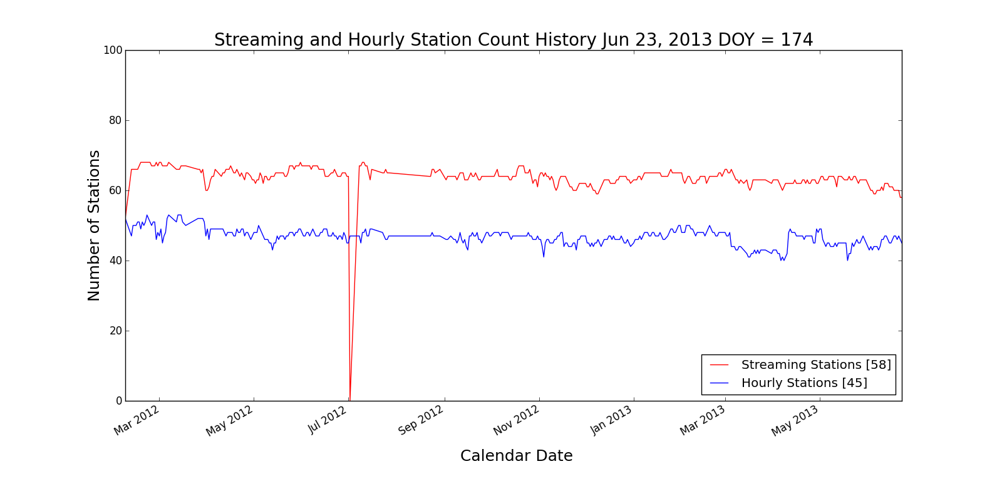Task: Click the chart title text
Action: pos(514,39)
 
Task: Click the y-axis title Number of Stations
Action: pos(94,225)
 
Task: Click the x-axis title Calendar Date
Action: pos(516,456)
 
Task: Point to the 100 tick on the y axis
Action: pos(113,50)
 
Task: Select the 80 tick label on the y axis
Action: pos(115,120)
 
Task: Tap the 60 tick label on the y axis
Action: pos(115,190)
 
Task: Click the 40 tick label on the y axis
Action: pos(115,261)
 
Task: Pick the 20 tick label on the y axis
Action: pos(115,331)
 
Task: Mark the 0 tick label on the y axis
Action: pos(118,401)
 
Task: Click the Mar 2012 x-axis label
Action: pos(137,420)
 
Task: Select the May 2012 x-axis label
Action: pos(229,421)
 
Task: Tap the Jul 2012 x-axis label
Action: pos(327,420)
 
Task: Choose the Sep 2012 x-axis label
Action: pos(421,420)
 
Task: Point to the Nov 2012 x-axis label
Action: pos(516,420)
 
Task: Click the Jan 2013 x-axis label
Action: pos(612,420)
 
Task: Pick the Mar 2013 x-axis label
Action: pos(703,420)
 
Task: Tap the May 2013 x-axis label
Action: pos(795,420)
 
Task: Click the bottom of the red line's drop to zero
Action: pos(349,400)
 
